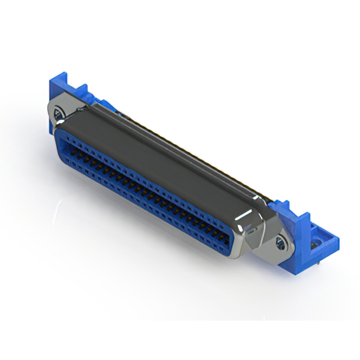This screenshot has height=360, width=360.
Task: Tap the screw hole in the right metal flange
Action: coord(280,243)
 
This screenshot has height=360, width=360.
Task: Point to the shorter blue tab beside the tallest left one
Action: coord(82,91)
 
